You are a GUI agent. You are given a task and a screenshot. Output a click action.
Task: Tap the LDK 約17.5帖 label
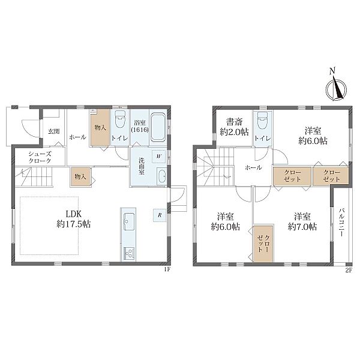pos(74,219)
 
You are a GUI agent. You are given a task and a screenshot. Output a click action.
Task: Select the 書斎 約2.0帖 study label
pos(234,127)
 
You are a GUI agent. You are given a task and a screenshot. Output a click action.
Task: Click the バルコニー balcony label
pos(341,222)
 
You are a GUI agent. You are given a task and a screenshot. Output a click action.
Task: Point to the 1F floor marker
pos(167,270)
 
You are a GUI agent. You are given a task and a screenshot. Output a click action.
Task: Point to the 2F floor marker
pos(349,270)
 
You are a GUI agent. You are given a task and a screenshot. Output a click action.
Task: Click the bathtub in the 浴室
pos(158,127)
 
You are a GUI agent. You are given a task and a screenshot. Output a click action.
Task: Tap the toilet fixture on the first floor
pos(120,119)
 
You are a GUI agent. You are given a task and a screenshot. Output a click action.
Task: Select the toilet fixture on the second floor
pos(263,121)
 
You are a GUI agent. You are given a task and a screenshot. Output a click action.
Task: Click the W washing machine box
pos(158,157)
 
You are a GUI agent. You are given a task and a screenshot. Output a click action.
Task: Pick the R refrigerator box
pos(160,215)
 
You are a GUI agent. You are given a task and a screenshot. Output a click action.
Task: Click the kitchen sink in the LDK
pos(129,221)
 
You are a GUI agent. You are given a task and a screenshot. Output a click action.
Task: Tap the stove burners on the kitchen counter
pos(129,253)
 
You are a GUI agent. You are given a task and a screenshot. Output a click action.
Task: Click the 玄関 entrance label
pos(54,131)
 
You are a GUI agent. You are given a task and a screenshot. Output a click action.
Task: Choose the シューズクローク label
pos(40,157)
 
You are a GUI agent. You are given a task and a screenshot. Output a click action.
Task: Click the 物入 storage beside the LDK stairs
pos(80,176)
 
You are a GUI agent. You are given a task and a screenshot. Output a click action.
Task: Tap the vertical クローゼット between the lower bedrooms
pos(263,244)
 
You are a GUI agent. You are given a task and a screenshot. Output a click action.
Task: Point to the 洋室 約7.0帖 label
pos(302,221)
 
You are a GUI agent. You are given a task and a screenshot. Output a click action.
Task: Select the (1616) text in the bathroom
pos(140,130)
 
